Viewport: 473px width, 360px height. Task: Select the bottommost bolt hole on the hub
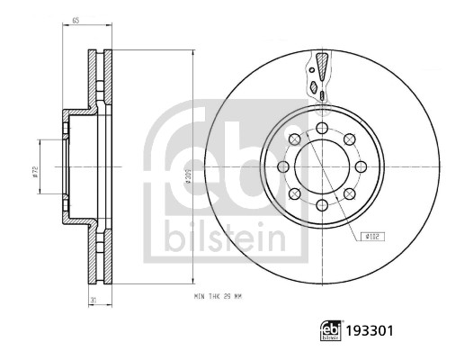[x=322, y=206]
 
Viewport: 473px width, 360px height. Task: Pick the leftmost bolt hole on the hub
[x=283, y=167]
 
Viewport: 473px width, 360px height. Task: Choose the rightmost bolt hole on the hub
[x=361, y=167]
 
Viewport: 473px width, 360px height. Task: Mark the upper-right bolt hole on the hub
[x=349, y=140]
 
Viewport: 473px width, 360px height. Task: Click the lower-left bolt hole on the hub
[x=295, y=194]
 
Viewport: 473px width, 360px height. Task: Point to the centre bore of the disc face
[x=322, y=167]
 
